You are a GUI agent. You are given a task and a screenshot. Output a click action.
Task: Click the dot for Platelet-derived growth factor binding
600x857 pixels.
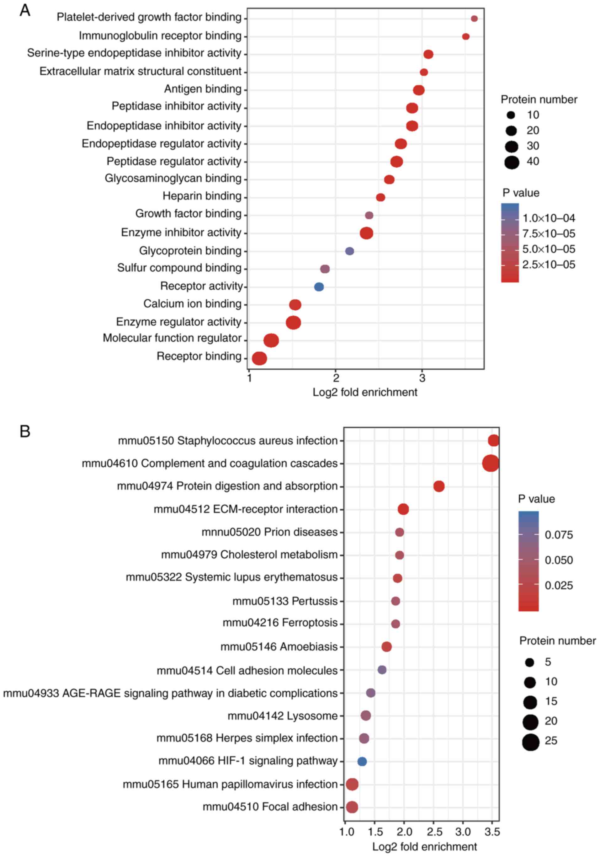point(474,19)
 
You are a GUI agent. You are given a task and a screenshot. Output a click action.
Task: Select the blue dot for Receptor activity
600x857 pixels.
point(319,287)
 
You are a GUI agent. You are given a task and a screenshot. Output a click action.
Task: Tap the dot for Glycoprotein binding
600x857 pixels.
point(349,251)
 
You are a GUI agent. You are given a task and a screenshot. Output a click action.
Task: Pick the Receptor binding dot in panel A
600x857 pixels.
point(259,358)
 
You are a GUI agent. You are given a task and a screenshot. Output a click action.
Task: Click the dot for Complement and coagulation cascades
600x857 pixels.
point(490,463)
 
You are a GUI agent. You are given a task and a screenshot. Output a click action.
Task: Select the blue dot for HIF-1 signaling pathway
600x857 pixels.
point(362,761)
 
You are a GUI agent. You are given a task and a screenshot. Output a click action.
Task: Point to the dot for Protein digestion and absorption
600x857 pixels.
point(439,486)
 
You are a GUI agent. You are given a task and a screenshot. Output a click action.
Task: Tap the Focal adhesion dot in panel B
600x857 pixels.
point(352,807)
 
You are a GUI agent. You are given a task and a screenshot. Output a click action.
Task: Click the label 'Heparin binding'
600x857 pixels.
point(202,196)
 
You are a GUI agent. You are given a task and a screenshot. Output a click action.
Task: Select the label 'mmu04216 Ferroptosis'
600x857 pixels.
point(280,623)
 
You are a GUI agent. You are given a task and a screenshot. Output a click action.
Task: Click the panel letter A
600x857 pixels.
point(25,10)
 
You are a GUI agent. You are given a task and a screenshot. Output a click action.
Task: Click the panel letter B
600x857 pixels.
point(25,431)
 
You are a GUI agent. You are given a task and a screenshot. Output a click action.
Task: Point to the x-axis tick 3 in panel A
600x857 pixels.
point(422,378)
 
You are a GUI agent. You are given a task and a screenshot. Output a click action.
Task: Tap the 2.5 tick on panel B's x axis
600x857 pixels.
point(434,832)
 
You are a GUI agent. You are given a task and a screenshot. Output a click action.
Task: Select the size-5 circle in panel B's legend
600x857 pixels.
point(529,662)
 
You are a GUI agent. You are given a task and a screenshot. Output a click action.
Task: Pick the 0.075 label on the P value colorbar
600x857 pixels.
point(559,535)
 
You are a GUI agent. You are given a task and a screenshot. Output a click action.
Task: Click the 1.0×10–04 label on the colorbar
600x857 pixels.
point(549,218)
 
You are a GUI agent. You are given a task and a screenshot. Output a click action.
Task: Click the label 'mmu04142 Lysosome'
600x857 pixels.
point(283,716)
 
